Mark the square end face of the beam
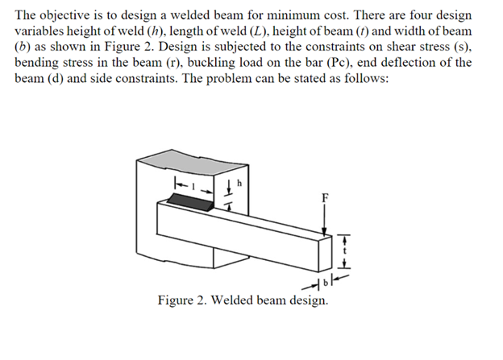click(x=326, y=256)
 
